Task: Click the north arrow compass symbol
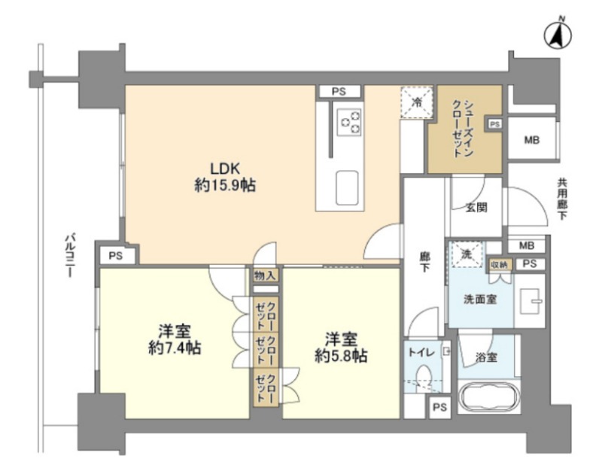point(558,35)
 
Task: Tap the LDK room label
point(225,169)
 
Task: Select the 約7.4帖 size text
point(175,348)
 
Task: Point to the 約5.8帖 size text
point(342,357)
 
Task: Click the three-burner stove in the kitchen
point(349,122)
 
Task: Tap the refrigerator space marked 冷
point(417,102)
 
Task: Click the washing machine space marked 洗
point(467,254)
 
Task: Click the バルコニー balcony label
point(69,255)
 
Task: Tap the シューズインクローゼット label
point(463,129)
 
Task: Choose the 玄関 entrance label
point(476,208)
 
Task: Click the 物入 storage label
point(266,275)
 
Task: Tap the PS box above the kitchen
point(339,91)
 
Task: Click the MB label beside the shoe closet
point(532,140)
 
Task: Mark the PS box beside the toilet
point(440,406)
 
